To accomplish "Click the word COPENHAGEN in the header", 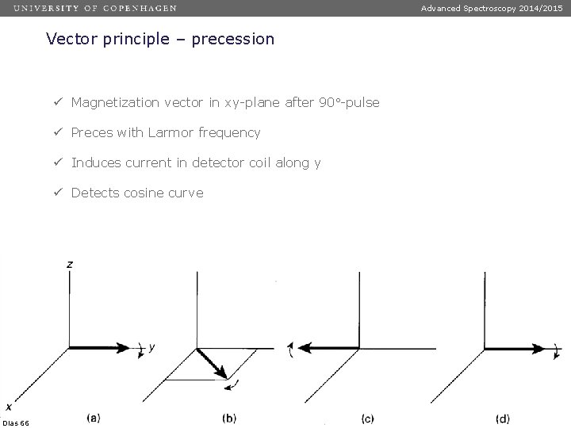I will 140,8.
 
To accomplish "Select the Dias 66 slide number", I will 16,423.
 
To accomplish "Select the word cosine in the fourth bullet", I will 146,193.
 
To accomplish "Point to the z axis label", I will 71,264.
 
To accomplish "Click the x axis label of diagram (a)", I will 7,407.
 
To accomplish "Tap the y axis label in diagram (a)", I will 151,347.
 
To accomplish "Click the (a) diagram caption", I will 92,417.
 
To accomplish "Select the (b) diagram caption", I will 230,417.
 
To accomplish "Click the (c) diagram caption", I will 367,417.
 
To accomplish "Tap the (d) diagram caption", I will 503,417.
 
